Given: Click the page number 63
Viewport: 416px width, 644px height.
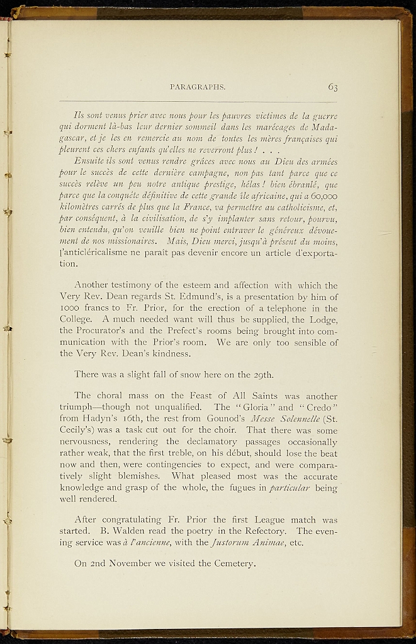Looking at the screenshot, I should click(332, 87).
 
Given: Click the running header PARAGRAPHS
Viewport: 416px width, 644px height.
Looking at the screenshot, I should click(198, 88).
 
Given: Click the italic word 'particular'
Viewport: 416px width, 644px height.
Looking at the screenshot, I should click(293, 487).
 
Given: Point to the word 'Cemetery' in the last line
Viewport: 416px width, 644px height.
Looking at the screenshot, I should click(230, 564).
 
